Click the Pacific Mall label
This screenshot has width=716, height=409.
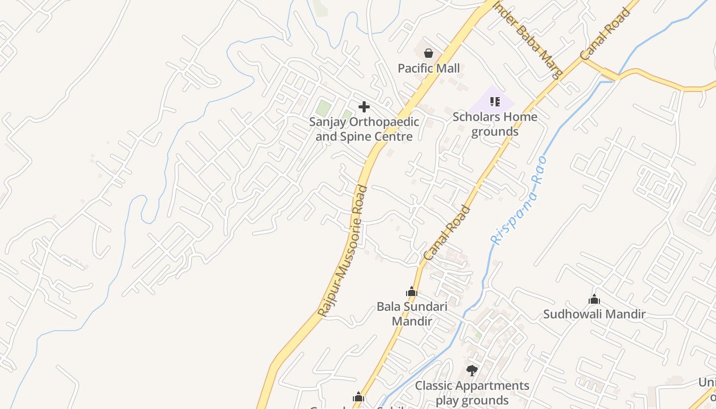pos(429,68)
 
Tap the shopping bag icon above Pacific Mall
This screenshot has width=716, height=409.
pos(429,53)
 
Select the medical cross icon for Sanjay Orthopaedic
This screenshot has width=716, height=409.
pos(364,107)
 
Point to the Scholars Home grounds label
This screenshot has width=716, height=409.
pos(495,124)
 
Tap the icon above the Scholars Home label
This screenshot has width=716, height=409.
pos(495,102)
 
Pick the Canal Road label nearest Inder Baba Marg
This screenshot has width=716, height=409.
pos(605,34)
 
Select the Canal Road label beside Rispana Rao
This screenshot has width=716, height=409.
pos(447,233)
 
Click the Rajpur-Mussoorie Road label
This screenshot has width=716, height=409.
pos(343,251)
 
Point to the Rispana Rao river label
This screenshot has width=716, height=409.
pos(519,201)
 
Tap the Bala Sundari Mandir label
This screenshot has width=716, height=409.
pos(412,313)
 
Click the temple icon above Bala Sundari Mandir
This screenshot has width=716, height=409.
pos(412,292)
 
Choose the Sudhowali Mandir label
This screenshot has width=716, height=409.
pos(594,314)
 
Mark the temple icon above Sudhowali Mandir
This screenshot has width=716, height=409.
pos(594,300)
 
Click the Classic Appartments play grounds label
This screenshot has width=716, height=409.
pos(472,392)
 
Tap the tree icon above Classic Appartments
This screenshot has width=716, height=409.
pos(472,370)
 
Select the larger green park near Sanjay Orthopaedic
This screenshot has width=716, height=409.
pos(323,108)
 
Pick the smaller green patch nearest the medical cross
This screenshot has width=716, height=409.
pos(347,114)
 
